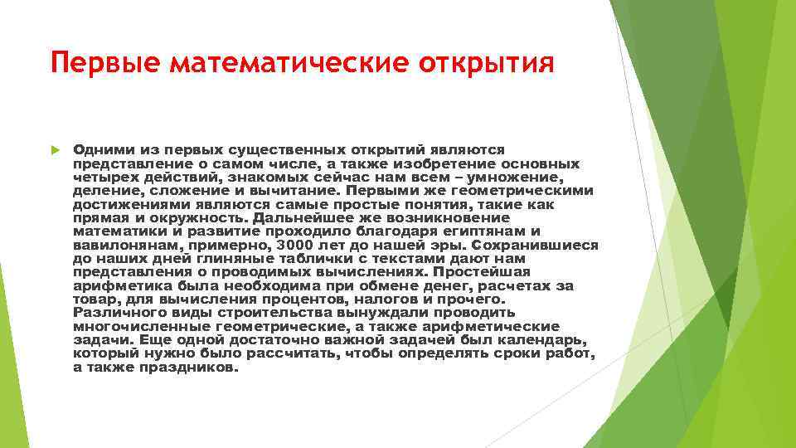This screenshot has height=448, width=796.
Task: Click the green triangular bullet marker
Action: [x=56, y=150]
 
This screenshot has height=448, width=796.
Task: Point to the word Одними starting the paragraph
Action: [x=99, y=150]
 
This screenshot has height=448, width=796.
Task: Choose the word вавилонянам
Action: [x=121, y=245]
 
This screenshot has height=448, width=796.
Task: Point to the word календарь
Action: [x=551, y=339]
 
